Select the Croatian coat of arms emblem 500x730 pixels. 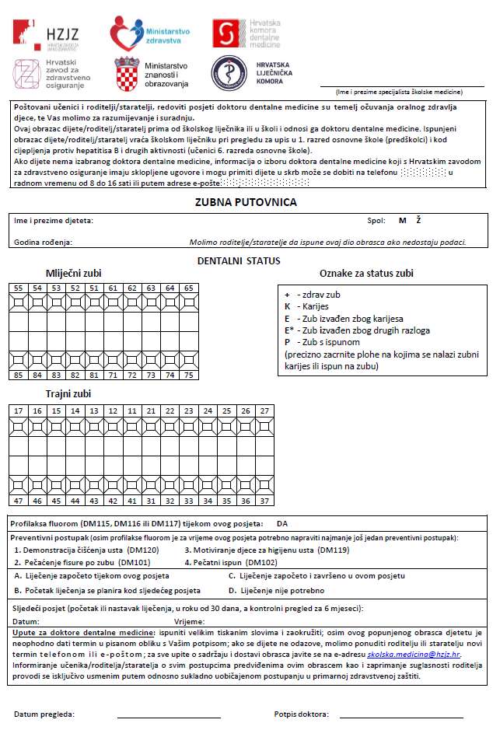128,75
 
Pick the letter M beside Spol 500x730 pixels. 402,221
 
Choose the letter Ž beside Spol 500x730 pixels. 418,221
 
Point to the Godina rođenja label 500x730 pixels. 43,242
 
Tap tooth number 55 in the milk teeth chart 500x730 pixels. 17,288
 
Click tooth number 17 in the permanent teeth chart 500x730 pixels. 17,410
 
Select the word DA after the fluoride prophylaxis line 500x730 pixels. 282,523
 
